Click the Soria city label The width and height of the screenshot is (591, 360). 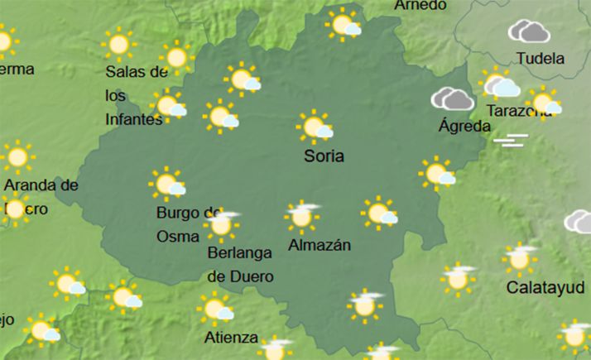pos(323,156)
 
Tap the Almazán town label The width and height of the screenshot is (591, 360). pos(320,245)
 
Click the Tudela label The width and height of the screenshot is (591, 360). pos(540,59)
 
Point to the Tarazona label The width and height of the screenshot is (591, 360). pos(518,110)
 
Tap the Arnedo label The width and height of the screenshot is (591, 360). pos(420,5)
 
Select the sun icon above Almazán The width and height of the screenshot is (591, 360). pos(302,216)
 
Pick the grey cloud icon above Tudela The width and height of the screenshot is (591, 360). pos(530,32)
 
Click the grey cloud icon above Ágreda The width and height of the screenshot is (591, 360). pos(452,99)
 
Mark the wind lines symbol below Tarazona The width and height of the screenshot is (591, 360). pos(511,140)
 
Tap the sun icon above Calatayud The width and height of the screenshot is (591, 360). pos(520,259)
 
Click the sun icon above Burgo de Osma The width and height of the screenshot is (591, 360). pos(166,184)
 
